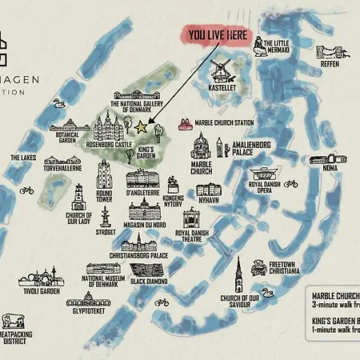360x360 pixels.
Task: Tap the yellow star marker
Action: [x=142, y=126]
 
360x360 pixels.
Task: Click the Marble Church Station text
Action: [x=228, y=122]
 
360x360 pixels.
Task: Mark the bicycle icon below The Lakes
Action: [x=26, y=190]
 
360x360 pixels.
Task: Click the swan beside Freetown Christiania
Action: [x=267, y=292]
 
